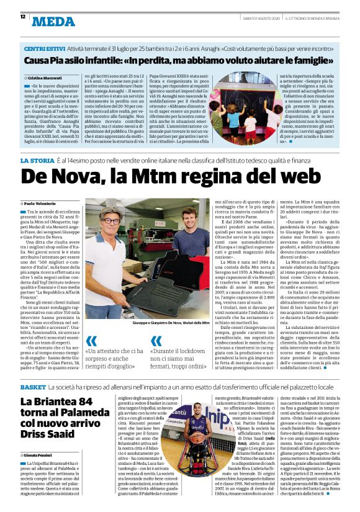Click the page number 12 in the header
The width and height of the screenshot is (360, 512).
point(23,17)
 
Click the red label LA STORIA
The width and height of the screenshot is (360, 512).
point(37,161)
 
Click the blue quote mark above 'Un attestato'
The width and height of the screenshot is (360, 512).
point(91,341)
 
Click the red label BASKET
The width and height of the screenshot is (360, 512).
point(32,369)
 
